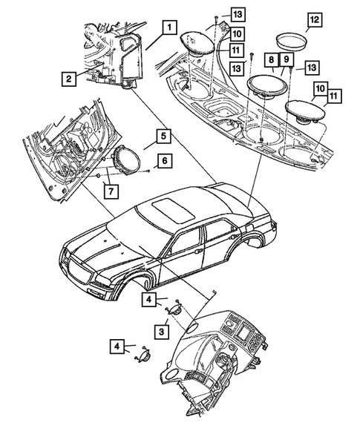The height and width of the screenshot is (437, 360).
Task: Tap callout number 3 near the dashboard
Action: coord(160,329)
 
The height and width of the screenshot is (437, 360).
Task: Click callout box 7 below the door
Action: coord(109,192)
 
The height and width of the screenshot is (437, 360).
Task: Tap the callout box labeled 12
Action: coord(314,21)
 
